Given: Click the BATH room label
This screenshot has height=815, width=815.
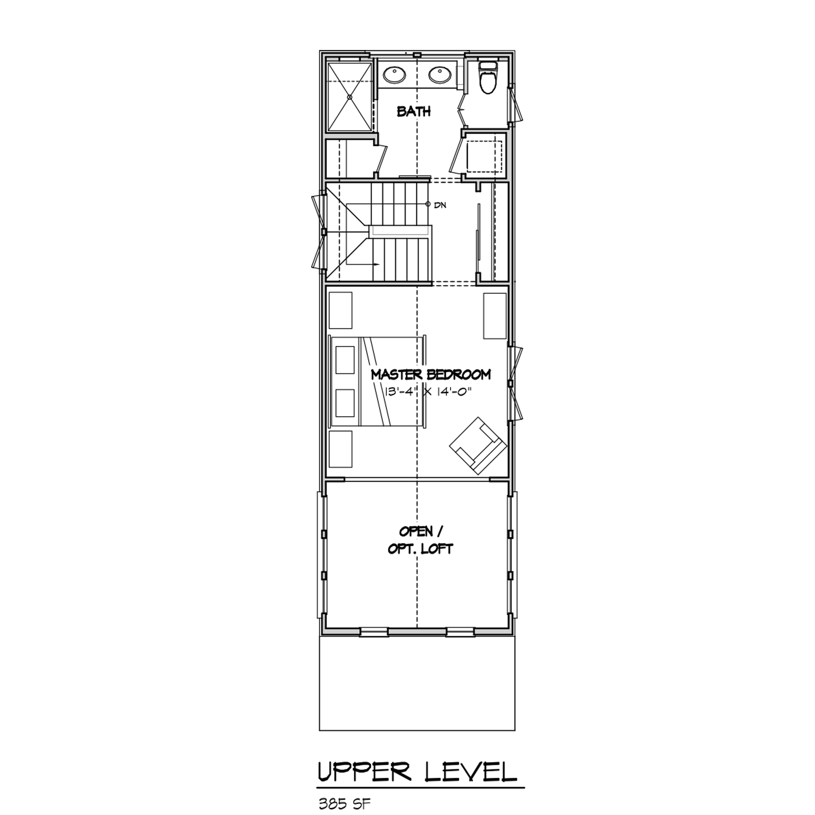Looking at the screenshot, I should pos(413,112).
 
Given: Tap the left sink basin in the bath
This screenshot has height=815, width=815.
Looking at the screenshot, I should pos(394,76).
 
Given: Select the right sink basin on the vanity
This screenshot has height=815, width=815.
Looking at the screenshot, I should pos(440,76).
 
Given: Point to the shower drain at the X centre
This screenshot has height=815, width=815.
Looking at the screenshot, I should pos(349,97).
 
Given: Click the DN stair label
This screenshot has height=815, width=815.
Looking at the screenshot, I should pos(440,205).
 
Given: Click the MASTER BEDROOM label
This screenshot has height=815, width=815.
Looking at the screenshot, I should pos(431,375).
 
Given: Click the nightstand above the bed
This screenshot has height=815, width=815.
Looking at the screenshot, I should pos(340,310).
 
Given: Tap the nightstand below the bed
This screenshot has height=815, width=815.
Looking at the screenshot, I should pos(340,449).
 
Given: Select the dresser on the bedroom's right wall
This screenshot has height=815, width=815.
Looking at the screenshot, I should pos(495,316).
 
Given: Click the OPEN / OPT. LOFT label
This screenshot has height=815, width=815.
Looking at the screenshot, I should pos(420,540).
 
